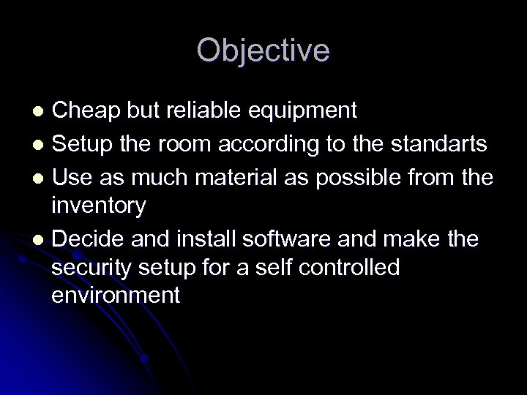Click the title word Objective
(x=263, y=50)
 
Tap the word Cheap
(x=86, y=110)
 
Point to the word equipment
(x=308, y=112)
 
